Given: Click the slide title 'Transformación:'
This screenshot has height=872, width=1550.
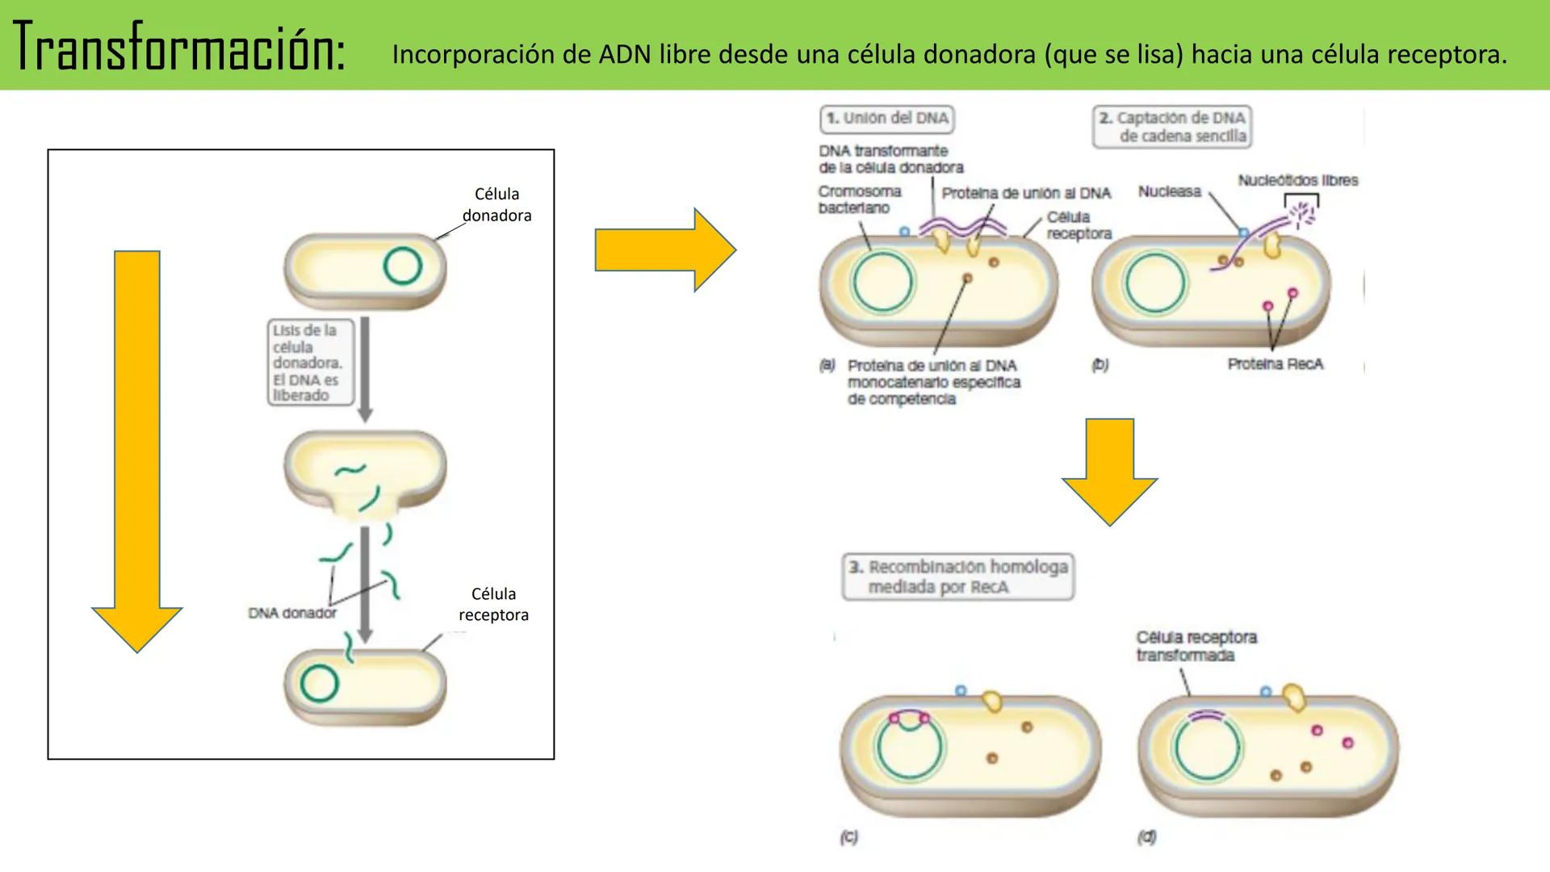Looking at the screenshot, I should click(x=179, y=47).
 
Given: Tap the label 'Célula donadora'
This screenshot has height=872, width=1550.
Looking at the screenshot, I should click(x=496, y=204).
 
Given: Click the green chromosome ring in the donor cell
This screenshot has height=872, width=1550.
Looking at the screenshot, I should click(x=402, y=266).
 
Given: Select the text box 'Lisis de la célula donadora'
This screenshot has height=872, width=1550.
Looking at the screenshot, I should click(x=309, y=363).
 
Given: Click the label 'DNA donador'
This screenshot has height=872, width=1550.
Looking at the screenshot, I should click(x=291, y=613).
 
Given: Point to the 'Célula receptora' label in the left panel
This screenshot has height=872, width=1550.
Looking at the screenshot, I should click(x=493, y=604).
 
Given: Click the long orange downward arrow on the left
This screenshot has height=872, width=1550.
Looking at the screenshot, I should click(x=137, y=452).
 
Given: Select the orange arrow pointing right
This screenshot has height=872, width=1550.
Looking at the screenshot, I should click(x=664, y=249).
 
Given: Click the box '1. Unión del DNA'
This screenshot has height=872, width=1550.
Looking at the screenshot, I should click(x=887, y=119).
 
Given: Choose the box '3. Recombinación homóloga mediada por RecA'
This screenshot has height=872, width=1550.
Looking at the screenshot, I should click(x=958, y=576).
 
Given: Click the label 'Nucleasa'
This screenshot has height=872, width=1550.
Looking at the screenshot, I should click(x=1169, y=191).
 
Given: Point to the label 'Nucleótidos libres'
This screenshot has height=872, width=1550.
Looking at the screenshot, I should click(x=1297, y=180).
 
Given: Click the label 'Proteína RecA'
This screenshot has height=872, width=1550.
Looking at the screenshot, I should click(x=1275, y=364).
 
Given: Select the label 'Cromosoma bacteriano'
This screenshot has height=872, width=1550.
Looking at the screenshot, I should click(x=859, y=199).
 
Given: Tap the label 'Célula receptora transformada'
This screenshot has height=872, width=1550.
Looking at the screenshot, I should click(x=1196, y=646).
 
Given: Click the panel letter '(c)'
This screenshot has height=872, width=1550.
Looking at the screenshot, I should click(x=848, y=837).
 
